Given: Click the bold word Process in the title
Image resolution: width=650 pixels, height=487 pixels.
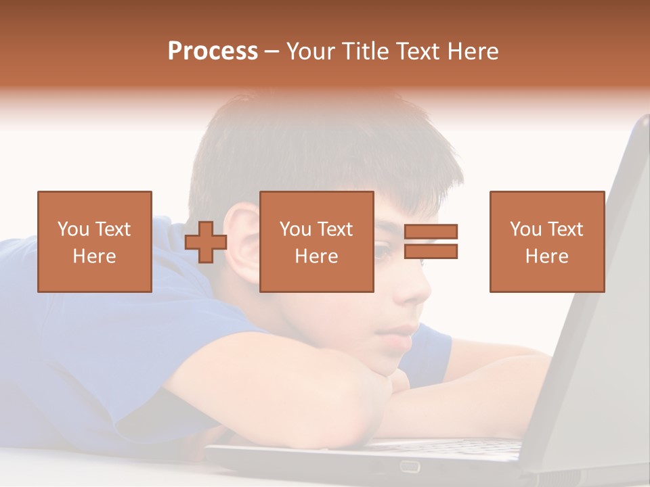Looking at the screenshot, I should point(213,51).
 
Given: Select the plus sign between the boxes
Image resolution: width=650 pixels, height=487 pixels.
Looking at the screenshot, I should point(206,241).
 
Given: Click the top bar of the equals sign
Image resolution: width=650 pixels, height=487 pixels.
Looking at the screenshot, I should point(431,232).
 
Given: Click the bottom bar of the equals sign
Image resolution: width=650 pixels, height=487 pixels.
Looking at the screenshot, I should point(431,251).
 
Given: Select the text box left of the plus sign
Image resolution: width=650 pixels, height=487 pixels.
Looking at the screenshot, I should point(95,241).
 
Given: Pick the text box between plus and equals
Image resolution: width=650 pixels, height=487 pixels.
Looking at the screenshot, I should point(317,241).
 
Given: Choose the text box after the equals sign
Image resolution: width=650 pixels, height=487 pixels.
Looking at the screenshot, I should point(547,241).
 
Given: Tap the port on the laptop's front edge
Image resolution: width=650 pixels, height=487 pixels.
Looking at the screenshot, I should point(409,466).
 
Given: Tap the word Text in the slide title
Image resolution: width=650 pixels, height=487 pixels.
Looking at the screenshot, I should point(417,51).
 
